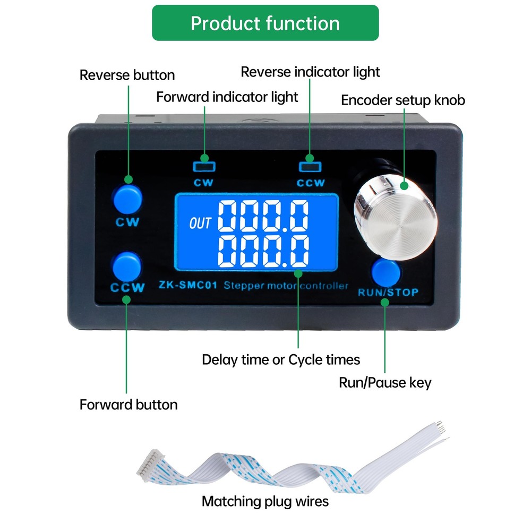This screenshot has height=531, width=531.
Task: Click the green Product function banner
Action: pyautogui.click(x=265, y=23)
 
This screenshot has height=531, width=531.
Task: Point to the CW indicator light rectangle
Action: pyautogui.click(x=204, y=166)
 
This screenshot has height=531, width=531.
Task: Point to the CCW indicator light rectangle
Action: pyautogui.click(x=310, y=167)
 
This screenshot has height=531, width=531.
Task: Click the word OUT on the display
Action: pyautogui.click(x=200, y=223)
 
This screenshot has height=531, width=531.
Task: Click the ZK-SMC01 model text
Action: pyautogui.click(x=188, y=285)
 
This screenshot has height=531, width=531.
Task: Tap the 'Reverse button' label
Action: pyautogui.click(x=127, y=75)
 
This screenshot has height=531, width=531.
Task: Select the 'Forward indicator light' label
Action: pyautogui.click(x=227, y=97)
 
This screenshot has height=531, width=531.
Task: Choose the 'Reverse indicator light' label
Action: pyautogui.click(x=310, y=72)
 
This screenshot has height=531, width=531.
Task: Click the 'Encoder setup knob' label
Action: pyautogui.click(x=403, y=100)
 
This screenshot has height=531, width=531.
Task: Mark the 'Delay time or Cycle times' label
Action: pyautogui.click(x=281, y=359)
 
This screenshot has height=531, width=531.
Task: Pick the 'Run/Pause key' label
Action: pyautogui.click(x=385, y=383)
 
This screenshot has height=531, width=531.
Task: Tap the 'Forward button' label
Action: pyautogui.click(x=129, y=405)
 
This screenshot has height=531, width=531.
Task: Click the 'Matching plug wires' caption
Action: pyautogui.click(x=265, y=502)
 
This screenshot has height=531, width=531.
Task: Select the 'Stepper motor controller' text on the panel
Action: pyautogui.click(x=286, y=286)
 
